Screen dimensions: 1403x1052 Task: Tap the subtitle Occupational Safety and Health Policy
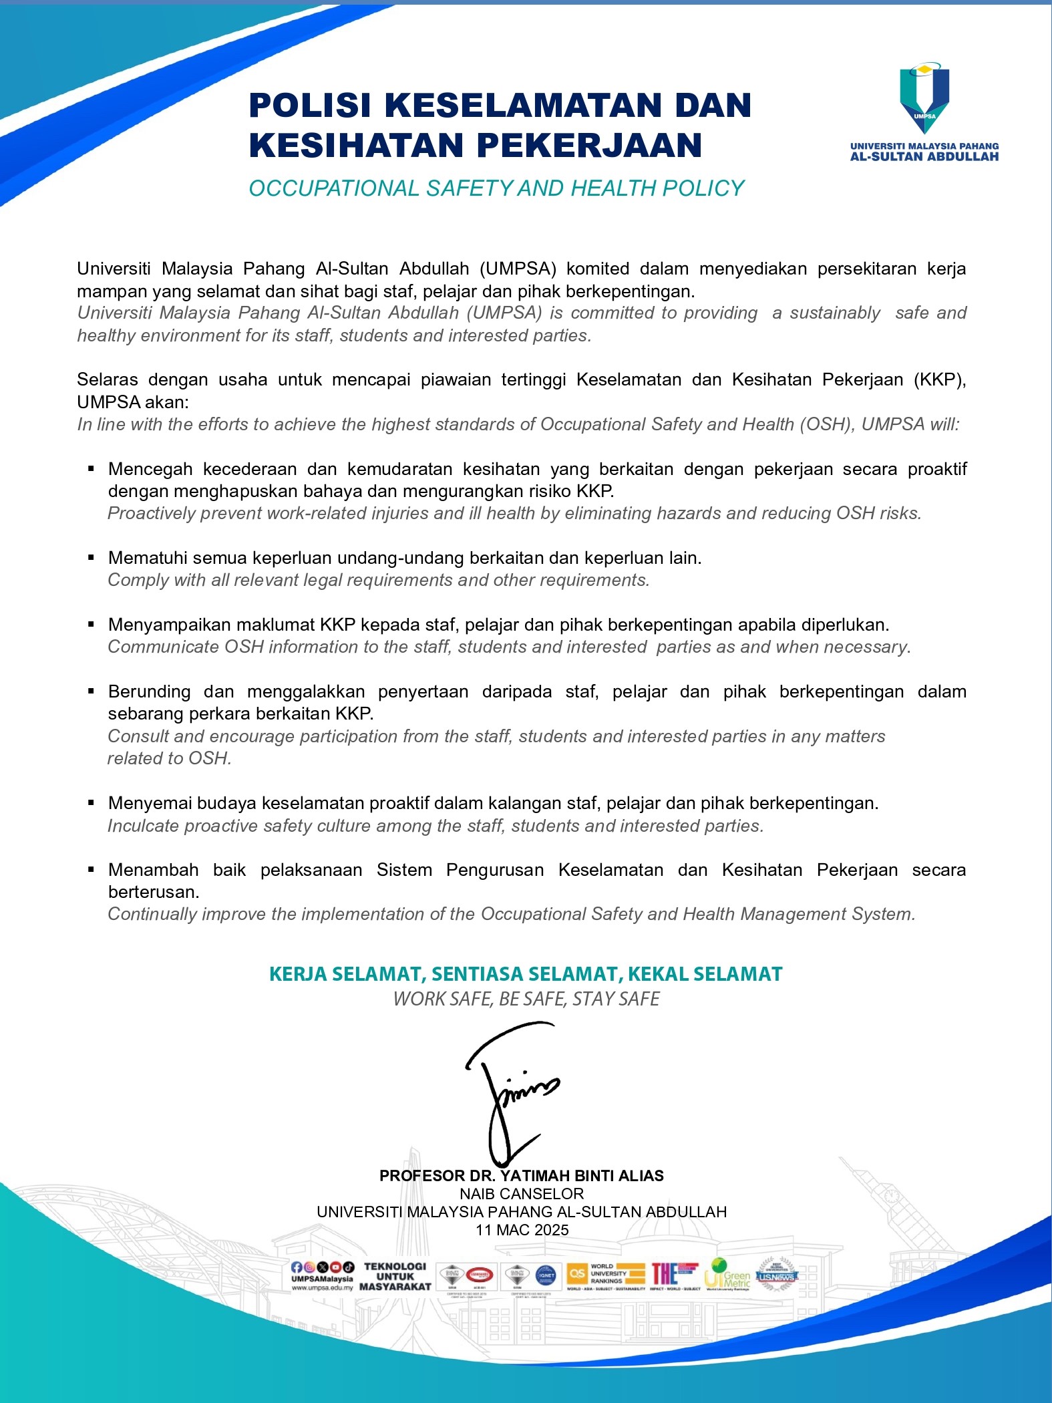pos(496,188)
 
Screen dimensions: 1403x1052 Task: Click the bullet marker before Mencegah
pos(92,469)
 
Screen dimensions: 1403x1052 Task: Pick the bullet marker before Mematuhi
pos(92,558)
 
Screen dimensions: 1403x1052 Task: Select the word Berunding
pos(149,691)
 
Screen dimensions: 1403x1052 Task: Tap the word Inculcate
pos(143,826)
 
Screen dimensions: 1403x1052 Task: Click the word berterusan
pos(154,892)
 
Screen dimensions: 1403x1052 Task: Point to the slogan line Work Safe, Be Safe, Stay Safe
pos(526,999)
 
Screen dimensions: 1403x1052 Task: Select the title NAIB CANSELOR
pos(522,1194)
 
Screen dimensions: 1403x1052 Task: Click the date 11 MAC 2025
pos(522,1230)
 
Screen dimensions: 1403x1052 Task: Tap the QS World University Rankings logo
pos(605,1274)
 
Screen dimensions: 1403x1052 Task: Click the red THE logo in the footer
pos(675,1274)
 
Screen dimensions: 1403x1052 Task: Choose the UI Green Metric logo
pos(727,1274)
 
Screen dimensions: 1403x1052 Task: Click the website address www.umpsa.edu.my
pos(322,1288)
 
